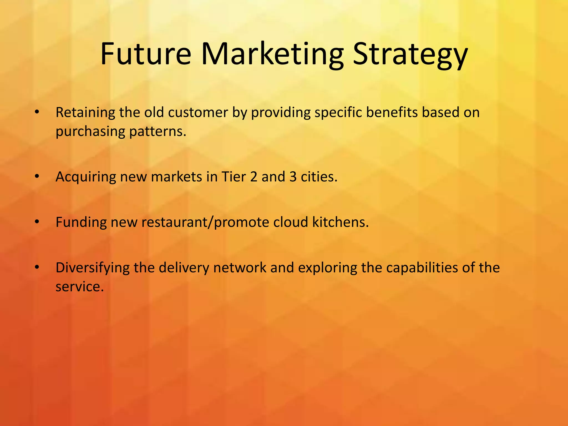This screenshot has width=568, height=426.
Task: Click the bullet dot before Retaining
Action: (37, 113)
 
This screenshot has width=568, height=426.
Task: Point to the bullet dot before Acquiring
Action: (37, 177)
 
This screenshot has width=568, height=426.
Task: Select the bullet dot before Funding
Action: (37, 222)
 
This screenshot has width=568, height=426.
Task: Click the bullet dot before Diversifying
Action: (37, 268)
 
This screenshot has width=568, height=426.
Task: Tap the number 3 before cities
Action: (293, 177)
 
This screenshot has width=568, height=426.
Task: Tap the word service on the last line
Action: (79, 286)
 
